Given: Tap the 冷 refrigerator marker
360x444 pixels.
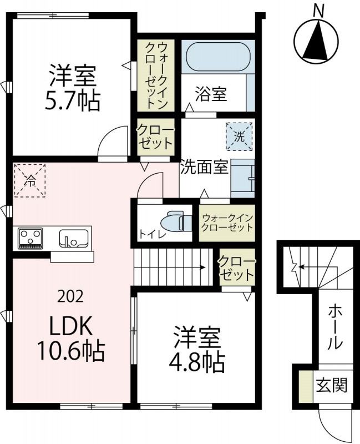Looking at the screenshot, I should click(x=29, y=180).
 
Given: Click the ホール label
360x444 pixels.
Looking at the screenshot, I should click(x=334, y=327).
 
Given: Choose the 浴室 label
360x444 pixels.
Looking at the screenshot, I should click(x=210, y=94).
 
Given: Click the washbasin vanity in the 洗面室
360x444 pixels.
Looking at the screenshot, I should click(x=242, y=176).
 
